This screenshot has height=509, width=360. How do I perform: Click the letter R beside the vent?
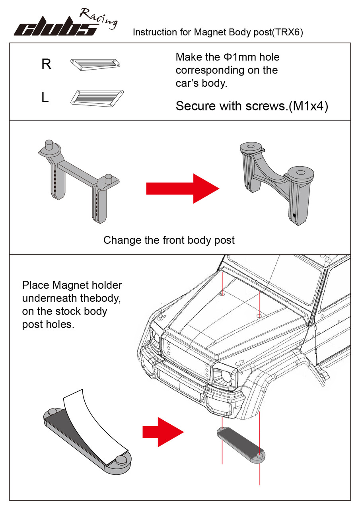pos(46,64)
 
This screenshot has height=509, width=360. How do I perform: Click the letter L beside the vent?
pos(45,98)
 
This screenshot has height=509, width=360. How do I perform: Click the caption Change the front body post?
pos(169,240)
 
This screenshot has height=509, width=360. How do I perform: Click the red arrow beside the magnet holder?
pos(163,431)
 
